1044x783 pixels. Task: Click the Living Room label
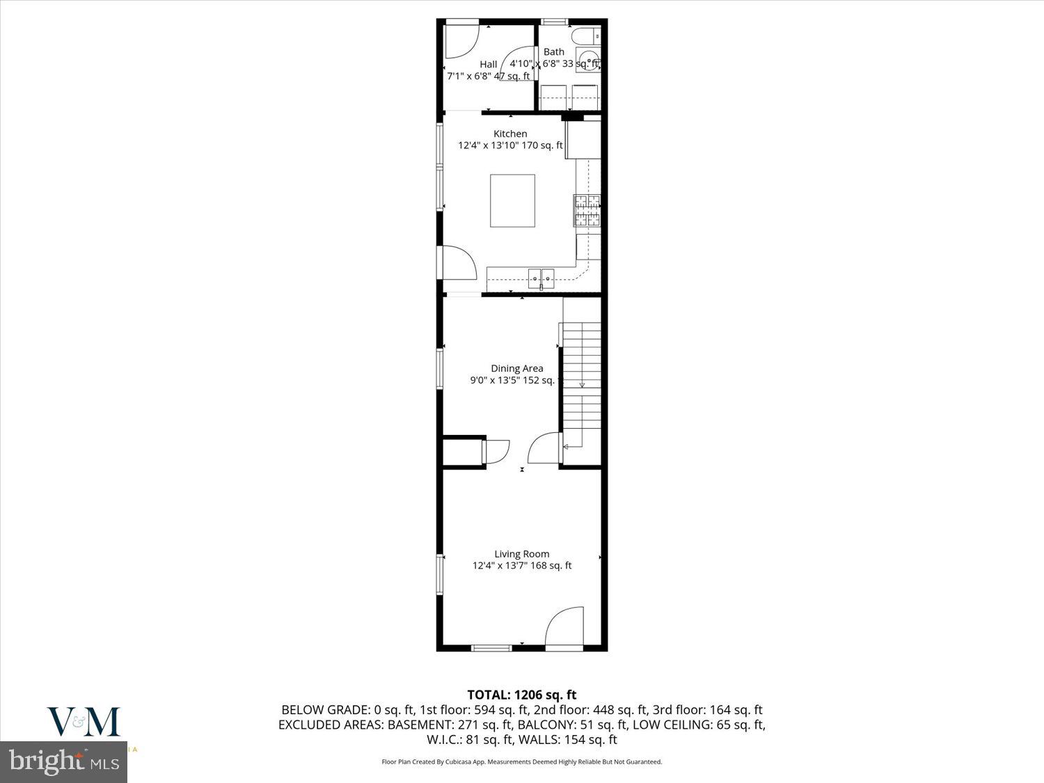tap(521, 554)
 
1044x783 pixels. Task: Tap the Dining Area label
tap(516, 368)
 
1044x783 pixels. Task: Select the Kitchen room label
tap(510, 134)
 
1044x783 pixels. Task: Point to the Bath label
tap(554, 52)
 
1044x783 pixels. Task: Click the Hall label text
tap(488, 64)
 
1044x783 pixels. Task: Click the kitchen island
tap(512, 200)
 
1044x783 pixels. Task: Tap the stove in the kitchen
tap(587, 210)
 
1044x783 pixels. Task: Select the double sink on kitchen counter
tap(541, 279)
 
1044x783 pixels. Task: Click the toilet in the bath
tap(583, 35)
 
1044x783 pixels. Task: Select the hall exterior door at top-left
tap(460, 41)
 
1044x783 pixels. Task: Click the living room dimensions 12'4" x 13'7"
tap(521, 566)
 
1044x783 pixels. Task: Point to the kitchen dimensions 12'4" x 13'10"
tap(510, 145)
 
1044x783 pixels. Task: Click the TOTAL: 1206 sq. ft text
tap(521, 695)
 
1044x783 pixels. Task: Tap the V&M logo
tap(84, 722)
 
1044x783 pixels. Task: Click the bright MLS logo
tap(64, 762)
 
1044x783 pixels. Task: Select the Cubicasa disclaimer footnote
tap(521, 761)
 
